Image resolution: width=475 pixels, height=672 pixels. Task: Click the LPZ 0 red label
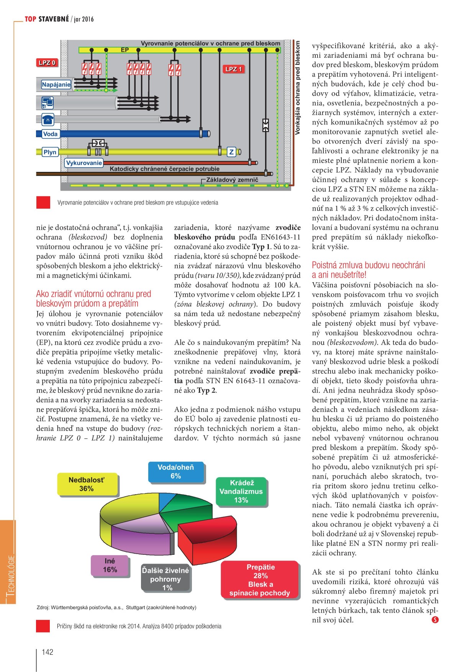[x=47, y=63]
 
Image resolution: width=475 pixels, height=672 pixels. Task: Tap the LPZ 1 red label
[x=233, y=69]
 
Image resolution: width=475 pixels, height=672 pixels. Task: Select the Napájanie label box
[x=56, y=85]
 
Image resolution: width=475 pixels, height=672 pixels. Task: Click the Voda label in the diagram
[x=50, y=134]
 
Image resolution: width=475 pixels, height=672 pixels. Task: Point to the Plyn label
[x=50, y=152]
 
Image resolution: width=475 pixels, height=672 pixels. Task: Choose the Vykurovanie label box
[x=84, y=163]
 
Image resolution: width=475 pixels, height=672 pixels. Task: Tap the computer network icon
[x=47, y=103]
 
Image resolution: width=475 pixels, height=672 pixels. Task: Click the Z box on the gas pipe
[x=231, y=152]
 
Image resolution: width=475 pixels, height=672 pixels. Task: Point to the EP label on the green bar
[x=125, y=50]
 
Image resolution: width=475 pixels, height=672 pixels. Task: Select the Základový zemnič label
[x=232, y=180]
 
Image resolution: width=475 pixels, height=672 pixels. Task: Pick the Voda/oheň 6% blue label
[x=176, y=472]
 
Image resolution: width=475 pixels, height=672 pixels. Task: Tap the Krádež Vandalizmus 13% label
[x=241, y=492]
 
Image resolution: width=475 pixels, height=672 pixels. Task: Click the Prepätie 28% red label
[x=260, y=580]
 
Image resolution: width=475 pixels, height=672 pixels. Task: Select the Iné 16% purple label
[x=110, y=566]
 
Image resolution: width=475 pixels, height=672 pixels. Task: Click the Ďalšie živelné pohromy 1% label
[x=165, y=579]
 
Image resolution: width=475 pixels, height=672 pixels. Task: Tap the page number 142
[x=47, y=652]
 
